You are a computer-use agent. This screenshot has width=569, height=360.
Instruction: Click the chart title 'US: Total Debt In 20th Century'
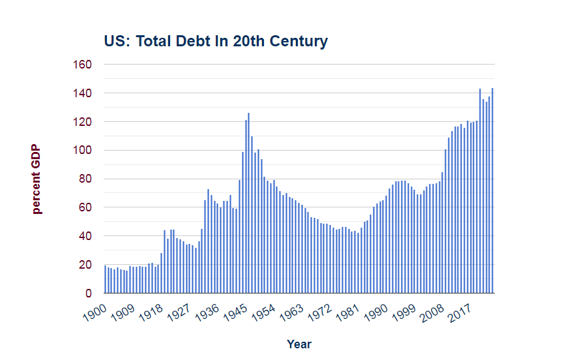coord(216,42)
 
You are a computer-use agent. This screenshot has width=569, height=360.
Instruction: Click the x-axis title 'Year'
coord(299,344)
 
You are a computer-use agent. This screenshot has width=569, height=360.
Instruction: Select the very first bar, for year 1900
coord(105,279)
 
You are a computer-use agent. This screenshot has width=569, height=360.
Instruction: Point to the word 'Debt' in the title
coord(188,42)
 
